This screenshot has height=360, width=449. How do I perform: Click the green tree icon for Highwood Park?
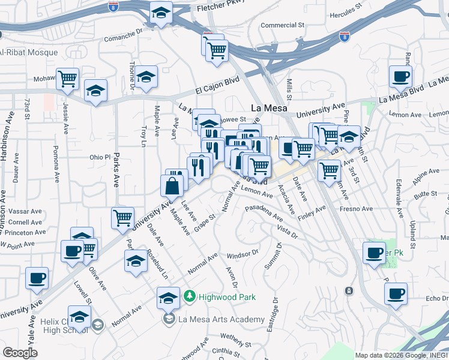190,296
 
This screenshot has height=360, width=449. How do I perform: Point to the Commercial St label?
283,25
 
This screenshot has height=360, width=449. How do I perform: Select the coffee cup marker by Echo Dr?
396,294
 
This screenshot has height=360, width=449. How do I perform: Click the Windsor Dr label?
243,256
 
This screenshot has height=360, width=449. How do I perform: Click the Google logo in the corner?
20,353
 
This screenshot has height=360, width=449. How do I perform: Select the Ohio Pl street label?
100,157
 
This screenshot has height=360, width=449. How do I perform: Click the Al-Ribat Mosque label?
29,52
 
